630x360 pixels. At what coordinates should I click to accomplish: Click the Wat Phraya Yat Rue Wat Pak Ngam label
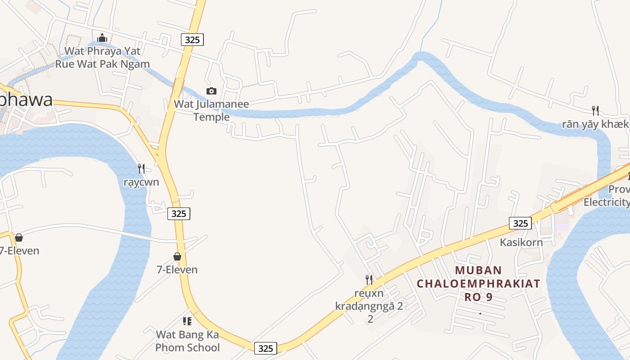pos(102,57)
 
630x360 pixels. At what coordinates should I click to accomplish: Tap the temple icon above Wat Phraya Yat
pos(102,38)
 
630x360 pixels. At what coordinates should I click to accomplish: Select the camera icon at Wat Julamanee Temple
pos(211,91)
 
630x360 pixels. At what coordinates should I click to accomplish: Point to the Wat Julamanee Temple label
pos(211,111)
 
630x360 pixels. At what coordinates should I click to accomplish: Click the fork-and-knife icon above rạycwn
pos(141,169)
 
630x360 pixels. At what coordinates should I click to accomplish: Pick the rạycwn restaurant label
pos(141,182)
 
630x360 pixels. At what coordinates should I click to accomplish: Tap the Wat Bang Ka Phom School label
pos(187,341)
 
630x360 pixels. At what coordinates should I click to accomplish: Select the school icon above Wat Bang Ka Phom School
pos(187,321)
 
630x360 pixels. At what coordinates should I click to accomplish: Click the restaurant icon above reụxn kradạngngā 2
pos(369,280)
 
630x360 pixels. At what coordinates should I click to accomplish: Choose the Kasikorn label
pos(521,243)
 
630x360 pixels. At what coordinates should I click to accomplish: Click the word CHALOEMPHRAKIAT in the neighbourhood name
pos(478,284)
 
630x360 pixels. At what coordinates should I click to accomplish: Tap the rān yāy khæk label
pos(595,125)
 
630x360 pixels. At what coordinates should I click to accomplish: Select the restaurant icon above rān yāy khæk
pos(595,110)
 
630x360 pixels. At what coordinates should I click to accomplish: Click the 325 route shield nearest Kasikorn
pos(520,223)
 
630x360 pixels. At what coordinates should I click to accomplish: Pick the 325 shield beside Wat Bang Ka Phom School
pos(265,348)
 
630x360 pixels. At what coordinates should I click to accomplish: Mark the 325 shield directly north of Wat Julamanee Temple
pos(193,40)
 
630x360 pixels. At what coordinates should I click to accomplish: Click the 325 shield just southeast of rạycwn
pos(179,214)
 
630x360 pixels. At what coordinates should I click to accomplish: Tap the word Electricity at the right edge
pos(607,202)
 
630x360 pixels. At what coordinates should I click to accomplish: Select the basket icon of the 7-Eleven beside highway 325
pos(177,256)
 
